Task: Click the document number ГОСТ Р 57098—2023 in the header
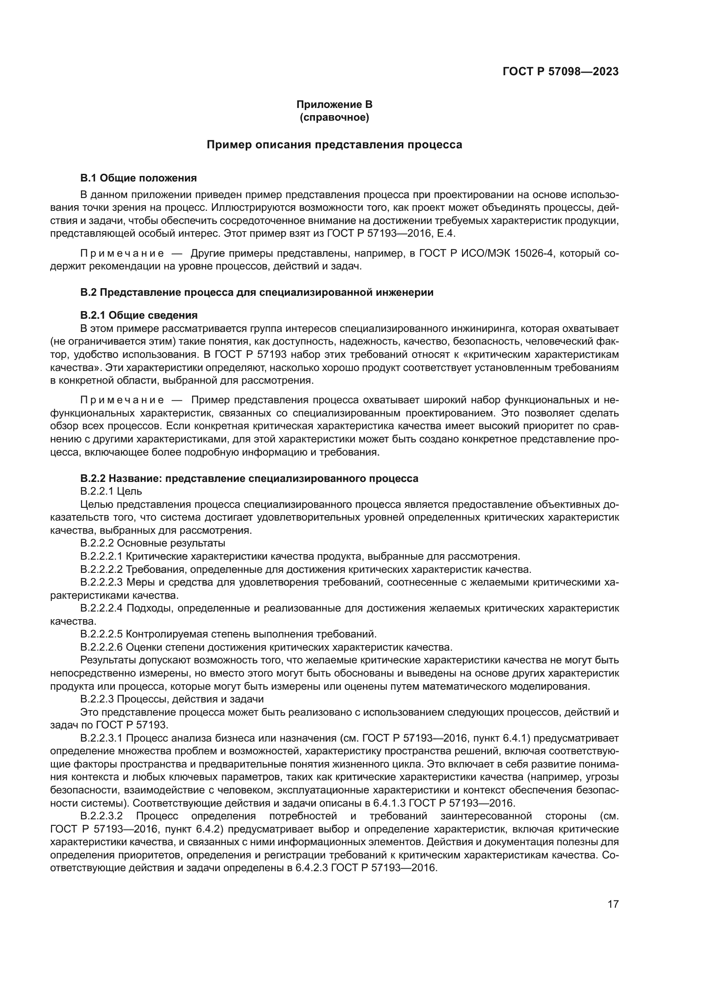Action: point(560,72)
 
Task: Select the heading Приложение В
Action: point(334,105)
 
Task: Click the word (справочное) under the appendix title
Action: point(334,117)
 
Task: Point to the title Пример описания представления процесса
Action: point(334,144)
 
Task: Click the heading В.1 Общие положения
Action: point(139,178)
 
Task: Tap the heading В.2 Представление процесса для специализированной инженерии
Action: point(257,292)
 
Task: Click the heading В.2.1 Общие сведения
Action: point(139,315)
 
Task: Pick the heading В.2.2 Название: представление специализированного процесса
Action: point(249,479)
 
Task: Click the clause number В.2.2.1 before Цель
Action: point(97,491)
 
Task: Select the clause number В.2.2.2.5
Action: point(102,634)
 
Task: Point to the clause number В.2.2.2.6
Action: point(102,647)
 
